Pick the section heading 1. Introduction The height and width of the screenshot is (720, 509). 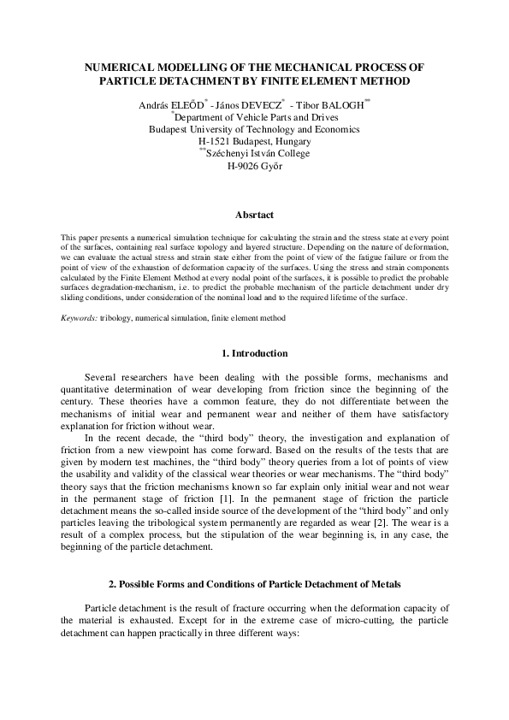pyautogui.click(x=254, y=353)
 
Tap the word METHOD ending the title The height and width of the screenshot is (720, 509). pyautogui.click(x=382, y=80)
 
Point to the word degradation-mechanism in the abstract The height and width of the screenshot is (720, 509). pyautogui.click(x=135, y=289)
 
